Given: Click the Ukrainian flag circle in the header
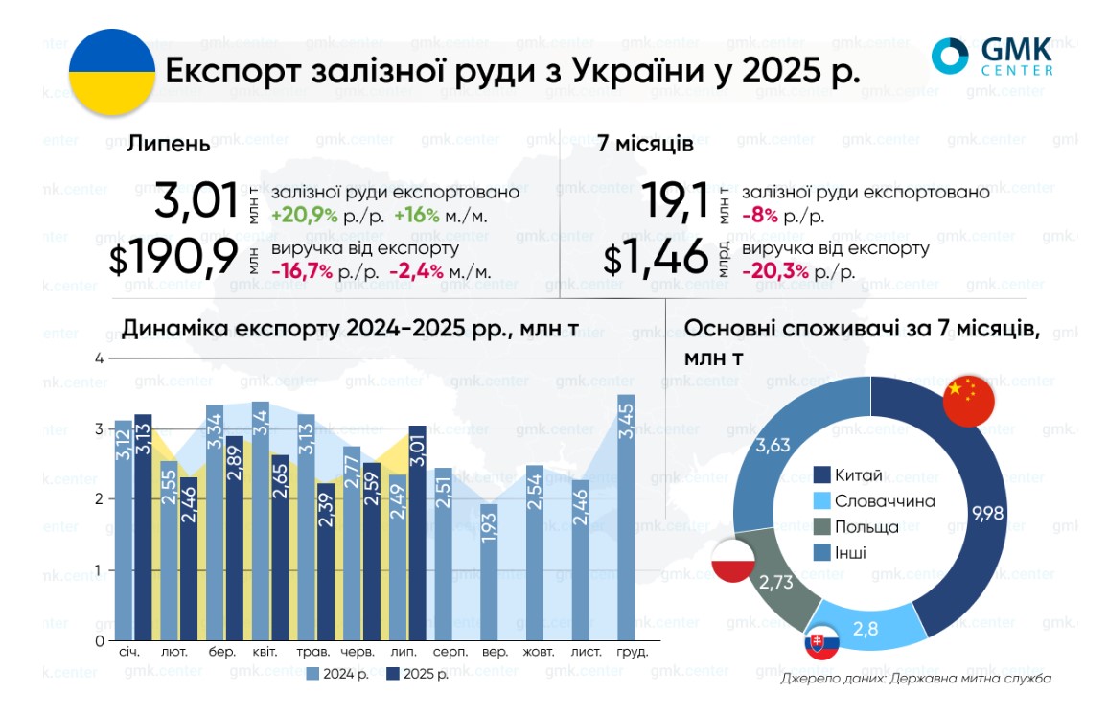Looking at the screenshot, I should (x=112, y=72).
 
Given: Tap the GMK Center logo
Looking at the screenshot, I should (x=992, y=56).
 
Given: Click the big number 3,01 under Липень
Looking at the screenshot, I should (x=196, y=202).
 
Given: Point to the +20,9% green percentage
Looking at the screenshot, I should (x=304, y=216).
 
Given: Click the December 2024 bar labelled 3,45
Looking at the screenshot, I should (x=626, y=518).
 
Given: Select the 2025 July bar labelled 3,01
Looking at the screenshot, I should (x=417, y=533).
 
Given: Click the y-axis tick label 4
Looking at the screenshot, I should (x=98, y=358).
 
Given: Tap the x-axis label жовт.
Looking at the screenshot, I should (x=538, y=652).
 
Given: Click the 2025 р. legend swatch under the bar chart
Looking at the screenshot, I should (x=392, y=674).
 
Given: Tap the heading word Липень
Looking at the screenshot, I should (x=169, y=144).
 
